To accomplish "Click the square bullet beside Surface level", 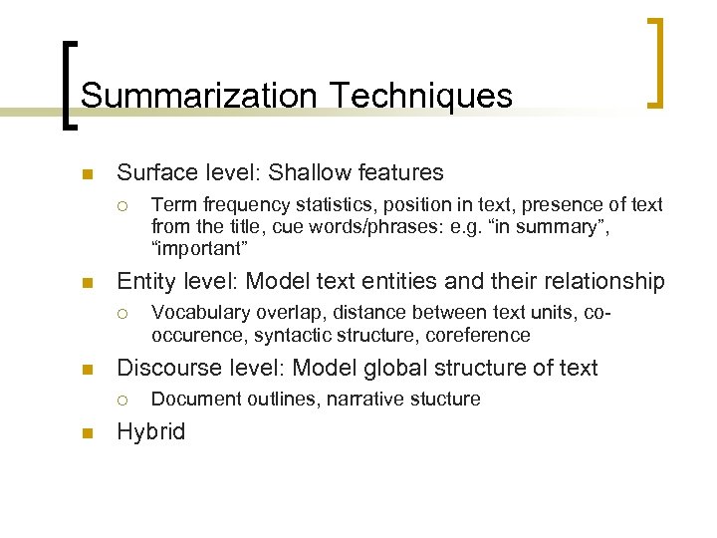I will pyautogui.click(x=87, y=175).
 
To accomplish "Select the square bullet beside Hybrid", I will pyautogui.click(x=87, y=433).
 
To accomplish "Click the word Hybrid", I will pyautogui.click(x=150, y=432).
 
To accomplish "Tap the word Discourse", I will pyautogui.click(x=171, y=368).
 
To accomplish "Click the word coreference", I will pyautogui.click(x=480, y=335).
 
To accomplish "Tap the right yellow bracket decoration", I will pyautogui.click(x=656, y=62).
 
